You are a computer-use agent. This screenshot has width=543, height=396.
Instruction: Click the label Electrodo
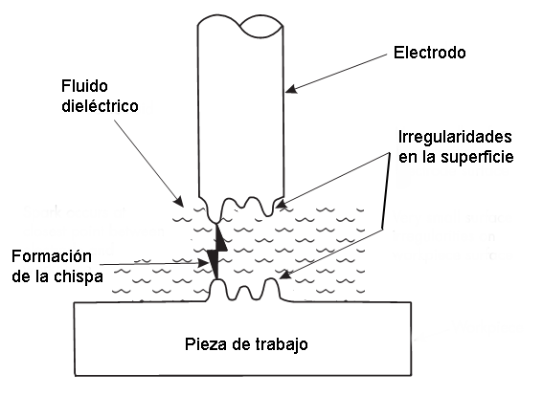429,53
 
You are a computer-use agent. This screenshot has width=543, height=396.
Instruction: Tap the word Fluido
84,86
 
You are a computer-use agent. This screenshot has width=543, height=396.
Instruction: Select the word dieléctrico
100,105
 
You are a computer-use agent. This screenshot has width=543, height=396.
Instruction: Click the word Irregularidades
455,137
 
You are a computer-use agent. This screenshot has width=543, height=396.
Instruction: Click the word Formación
52,256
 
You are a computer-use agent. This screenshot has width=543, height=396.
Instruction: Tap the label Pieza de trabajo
246,344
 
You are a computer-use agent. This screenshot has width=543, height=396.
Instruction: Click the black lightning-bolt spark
217,252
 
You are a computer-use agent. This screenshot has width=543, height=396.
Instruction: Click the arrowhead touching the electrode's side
291,89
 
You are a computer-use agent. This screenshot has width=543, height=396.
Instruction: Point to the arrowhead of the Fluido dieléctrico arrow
179,201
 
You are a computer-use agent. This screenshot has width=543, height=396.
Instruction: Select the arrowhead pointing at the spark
203,264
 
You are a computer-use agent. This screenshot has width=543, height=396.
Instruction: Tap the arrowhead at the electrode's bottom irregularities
282,204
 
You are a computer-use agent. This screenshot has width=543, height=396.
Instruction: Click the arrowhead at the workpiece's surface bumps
284,275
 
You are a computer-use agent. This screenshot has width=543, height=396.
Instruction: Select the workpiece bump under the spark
217,286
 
